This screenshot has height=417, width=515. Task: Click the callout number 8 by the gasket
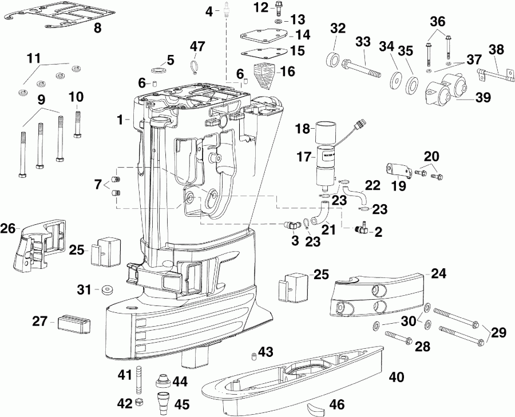click(98, 27)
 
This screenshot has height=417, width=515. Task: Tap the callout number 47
click(197, 45)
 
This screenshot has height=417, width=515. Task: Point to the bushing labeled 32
click(332, 60)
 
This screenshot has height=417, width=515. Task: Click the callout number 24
click(438, 273)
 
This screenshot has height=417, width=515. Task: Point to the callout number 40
click(397, 377)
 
